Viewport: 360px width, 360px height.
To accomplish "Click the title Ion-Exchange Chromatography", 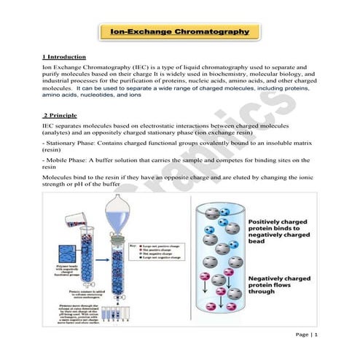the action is [x=179, y=33].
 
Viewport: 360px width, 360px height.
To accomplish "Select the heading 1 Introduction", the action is [x=65, y=56].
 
